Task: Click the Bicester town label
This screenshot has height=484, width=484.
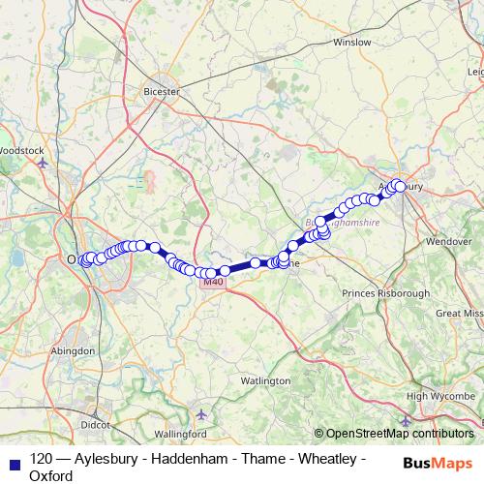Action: (162, 91)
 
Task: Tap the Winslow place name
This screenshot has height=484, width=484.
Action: (351, 43)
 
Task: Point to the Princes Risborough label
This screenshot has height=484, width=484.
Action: (386, 292)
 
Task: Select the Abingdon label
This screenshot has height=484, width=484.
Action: (73, 350)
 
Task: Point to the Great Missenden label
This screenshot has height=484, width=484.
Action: (459, 314)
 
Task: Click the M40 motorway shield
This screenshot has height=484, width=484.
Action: (213, 282)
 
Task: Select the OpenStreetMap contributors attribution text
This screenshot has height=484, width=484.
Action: (399, 434)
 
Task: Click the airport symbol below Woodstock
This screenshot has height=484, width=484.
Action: (42, 164)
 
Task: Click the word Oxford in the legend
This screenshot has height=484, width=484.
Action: (51, 475)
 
